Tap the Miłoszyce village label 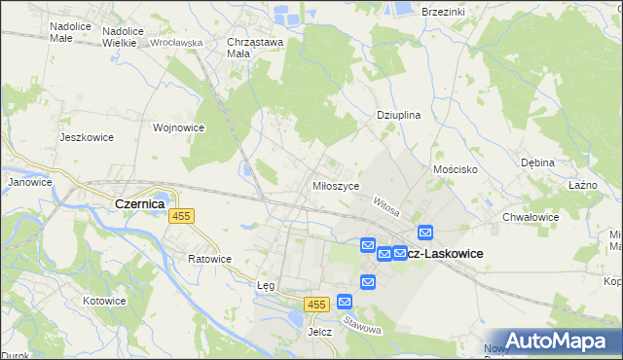point(336,185)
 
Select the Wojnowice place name point(178,126)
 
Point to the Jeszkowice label point(87,137)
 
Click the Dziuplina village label point(398,114)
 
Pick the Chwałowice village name point(530,217)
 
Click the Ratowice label point(209,259)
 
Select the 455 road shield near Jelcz point(314,305)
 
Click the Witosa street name point(386,205)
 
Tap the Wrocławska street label point(176,43)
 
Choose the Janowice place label point(29,182)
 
